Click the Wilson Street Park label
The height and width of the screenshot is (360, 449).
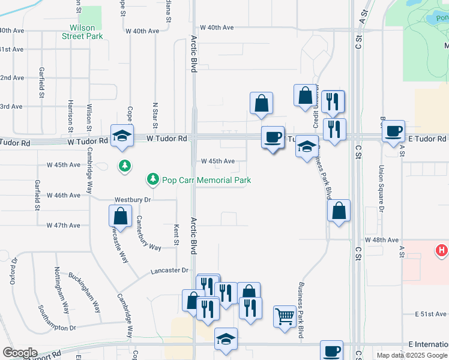click(x=82, y=32)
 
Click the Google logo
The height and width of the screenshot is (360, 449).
click(x=19, y=353)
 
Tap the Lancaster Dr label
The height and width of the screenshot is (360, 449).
click(x=170, y=271)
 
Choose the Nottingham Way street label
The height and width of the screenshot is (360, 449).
click(x=62, y=291)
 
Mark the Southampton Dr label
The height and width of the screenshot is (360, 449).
click(x=57, y=320)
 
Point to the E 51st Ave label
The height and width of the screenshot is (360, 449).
click(x=432, y=314)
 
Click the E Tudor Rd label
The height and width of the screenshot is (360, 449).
click(x=429, y=139)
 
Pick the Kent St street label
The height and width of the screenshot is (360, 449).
click(x=176, y=235)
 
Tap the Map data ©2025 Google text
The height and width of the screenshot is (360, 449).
click(x=412, y=355)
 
